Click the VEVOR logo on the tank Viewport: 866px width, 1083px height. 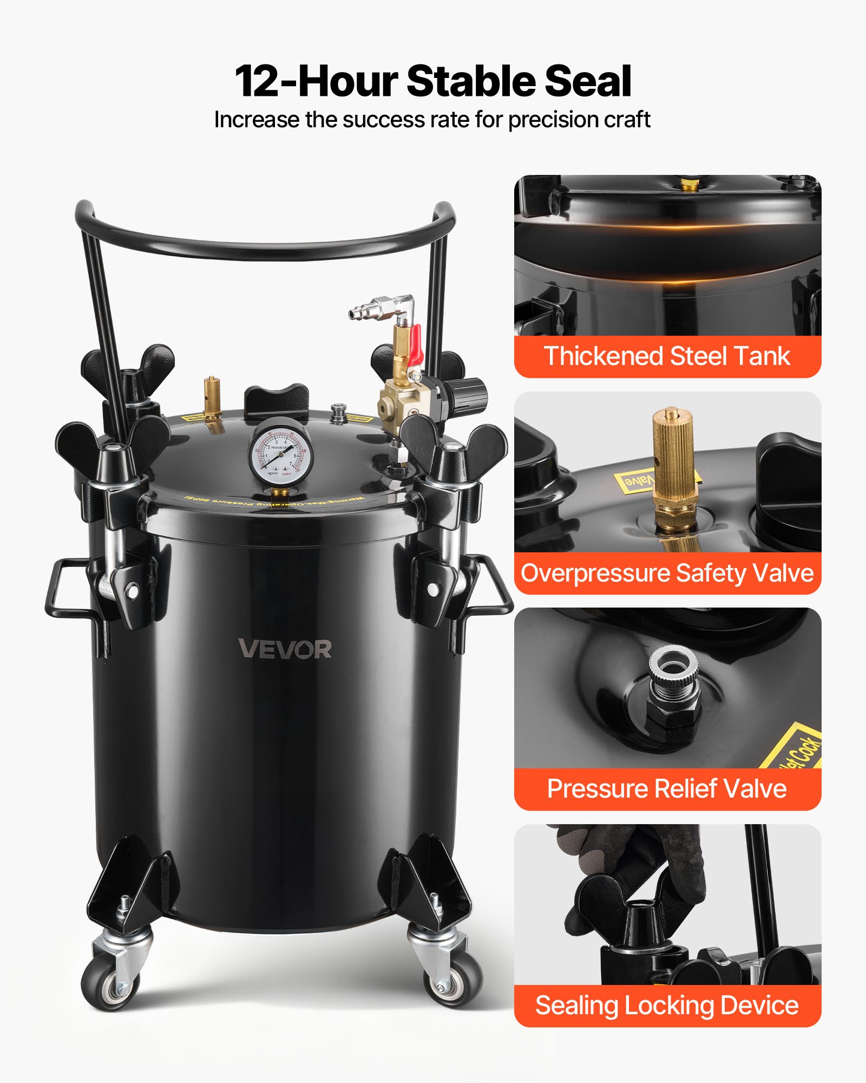285,649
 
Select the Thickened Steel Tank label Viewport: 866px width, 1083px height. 667,356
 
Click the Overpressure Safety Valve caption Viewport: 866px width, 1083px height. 667,573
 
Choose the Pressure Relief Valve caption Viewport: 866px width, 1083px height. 667,788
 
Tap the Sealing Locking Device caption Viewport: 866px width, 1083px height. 667,1005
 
